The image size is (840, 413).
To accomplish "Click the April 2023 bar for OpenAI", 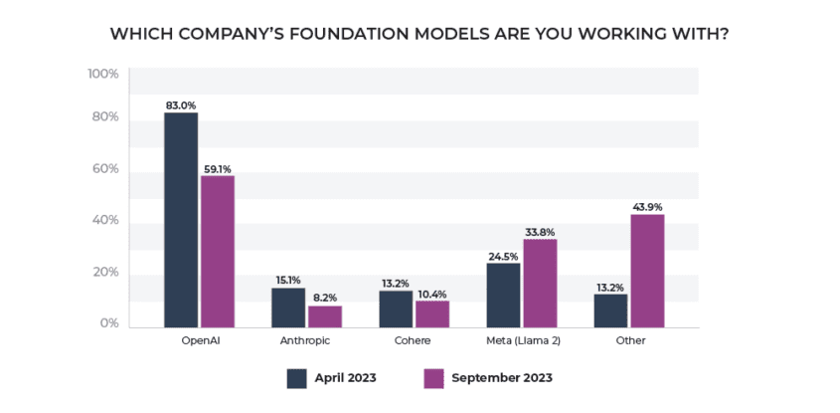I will [181, 220].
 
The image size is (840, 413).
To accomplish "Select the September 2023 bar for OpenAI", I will [217, 252].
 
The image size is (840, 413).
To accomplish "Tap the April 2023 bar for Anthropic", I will [288, 308].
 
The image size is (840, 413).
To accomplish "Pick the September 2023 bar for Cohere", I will [431, 313].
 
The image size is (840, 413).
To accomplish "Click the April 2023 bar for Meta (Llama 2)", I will [503, 295].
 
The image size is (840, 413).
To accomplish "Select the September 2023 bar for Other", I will [647, 271].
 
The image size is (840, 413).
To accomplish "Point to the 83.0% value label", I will [180, 104].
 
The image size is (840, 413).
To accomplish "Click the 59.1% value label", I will [218, 168].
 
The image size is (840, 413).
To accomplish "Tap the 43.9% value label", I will [648, 206].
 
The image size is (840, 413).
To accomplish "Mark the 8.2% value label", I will [325, 298].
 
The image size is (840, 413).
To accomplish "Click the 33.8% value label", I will [540, 232].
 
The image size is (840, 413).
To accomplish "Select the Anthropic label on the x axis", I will [306, 340].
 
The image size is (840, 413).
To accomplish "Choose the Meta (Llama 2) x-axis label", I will [522, 340].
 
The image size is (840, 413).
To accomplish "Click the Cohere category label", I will [414, 340].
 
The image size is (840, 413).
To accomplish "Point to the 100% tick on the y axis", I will [103, 74].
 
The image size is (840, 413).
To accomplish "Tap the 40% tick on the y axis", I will [105, 220].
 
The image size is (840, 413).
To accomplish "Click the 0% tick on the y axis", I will [108, 323].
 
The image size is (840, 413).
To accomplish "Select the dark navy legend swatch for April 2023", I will [296, 378].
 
